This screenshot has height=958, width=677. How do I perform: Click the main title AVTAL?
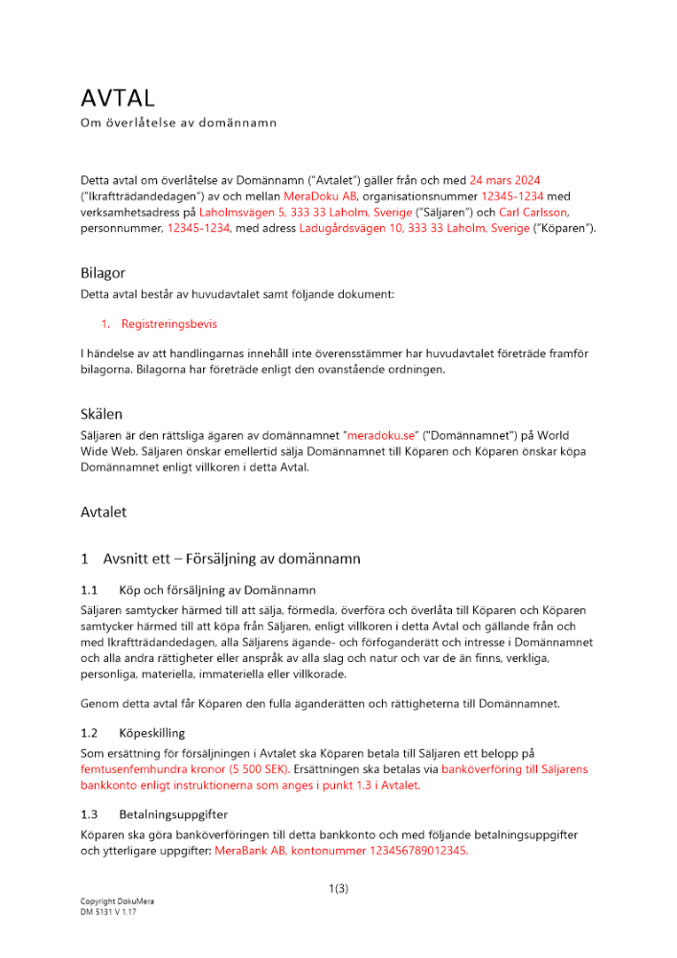pos(117,98)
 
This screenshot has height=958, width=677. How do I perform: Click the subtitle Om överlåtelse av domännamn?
pos(178,123)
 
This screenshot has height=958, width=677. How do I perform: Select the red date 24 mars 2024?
pos(518,180)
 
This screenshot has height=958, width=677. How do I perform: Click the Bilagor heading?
pos(102,273)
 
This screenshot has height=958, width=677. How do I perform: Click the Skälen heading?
pos(102,414)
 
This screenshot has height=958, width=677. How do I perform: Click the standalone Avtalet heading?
pos(103,513)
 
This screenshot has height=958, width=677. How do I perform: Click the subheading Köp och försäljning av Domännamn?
pos(217,590)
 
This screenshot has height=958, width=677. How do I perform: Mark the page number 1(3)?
pos(338,889)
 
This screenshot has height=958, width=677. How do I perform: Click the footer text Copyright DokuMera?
pos(117,902)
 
